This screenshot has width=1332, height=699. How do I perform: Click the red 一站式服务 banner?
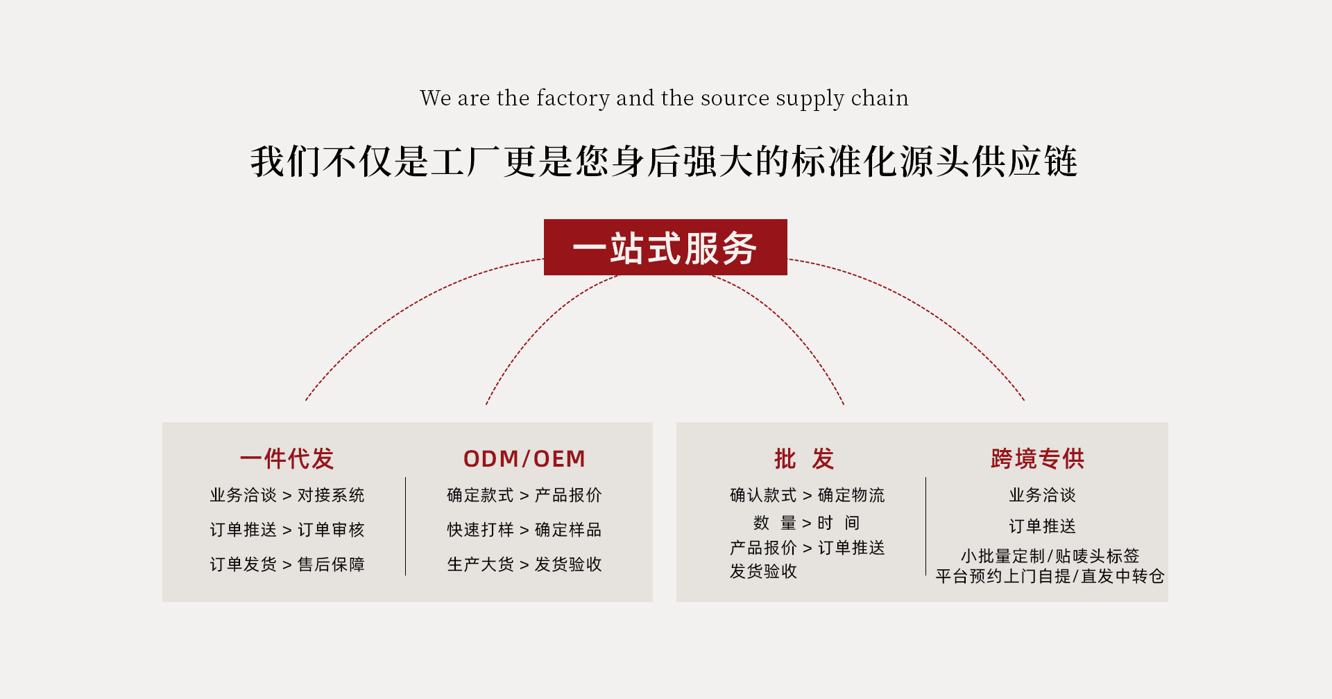click(665, 248)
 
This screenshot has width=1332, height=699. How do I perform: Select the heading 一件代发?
click(287, 458)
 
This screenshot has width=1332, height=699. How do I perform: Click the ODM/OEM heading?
click(524, 458)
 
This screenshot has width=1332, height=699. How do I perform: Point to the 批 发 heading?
click(804, 458)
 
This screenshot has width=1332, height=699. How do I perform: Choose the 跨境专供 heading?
click(1038, 458)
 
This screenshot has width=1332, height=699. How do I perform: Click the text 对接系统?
click(331, 495)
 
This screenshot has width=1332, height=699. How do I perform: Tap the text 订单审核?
click(331, 530)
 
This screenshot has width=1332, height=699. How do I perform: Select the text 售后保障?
click(331, 564)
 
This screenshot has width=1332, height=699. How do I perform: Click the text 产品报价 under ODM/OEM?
click(568, 495)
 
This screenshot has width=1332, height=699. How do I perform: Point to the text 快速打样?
click(480, 530)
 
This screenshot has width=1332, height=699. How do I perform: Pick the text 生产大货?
click(480, 564)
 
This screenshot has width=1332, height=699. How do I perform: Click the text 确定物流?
click(851, 495)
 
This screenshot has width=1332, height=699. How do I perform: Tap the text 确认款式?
click(763, 495)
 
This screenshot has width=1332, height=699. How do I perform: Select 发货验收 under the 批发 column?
click(763, 571)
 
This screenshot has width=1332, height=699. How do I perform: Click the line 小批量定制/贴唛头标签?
click(1050, 555)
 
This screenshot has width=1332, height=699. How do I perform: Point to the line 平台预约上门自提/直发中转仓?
click(1050, 576)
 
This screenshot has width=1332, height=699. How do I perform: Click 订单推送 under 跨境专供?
click(1042, 526)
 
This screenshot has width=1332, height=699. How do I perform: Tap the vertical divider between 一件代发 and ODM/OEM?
click(406, 526)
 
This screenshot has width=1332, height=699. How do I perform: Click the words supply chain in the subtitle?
click(842, 98)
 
